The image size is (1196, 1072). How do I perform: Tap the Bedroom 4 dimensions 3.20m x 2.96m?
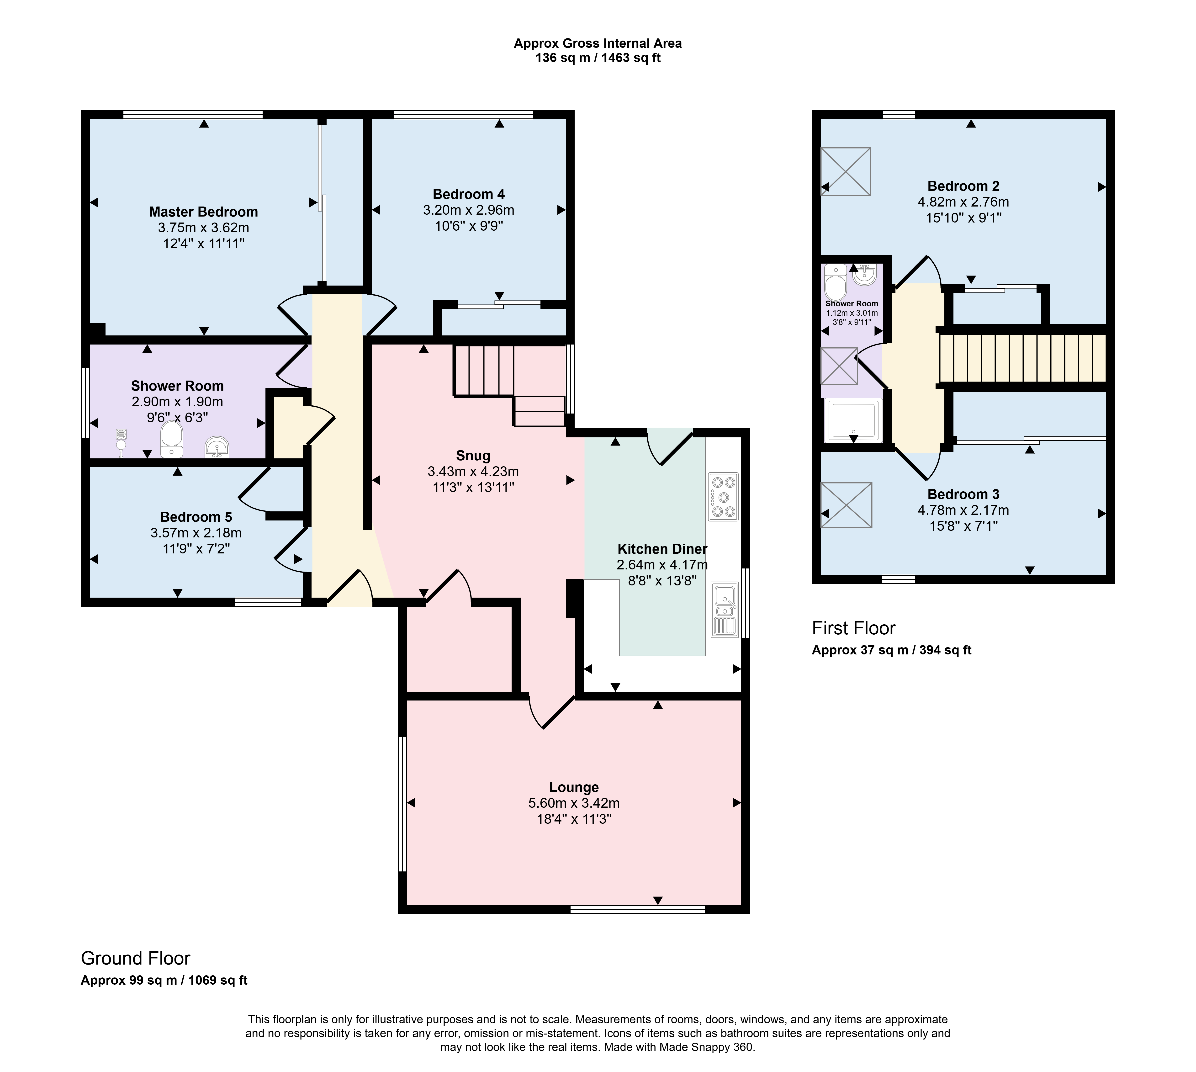[x=469, y=210]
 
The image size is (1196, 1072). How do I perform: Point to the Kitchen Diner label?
[x=662, y=549]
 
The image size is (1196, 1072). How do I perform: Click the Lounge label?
[x=574, y=787]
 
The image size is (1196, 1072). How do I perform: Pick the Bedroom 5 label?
[x=196, y=517]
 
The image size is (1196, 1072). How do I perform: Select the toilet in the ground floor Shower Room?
[x=171, y=439]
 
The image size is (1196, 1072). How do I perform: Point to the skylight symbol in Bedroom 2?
[x=846, y=171]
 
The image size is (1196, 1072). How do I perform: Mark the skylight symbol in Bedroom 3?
[x=846, y=505]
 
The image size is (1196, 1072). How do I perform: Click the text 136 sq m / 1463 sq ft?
[x=598, y=58]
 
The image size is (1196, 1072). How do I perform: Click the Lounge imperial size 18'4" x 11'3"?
[x=574, y=819]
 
